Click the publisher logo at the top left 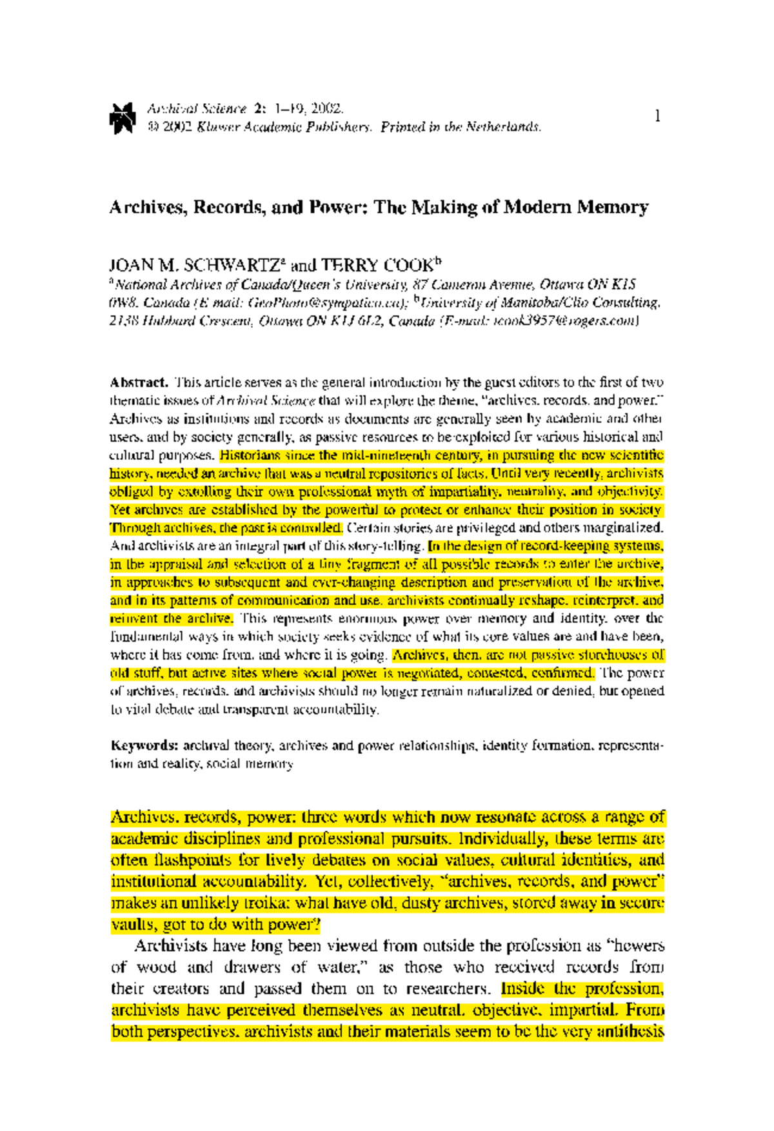(122, 118)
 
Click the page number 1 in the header (657, 117)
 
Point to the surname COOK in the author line (408, 266)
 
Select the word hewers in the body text (639, 946)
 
